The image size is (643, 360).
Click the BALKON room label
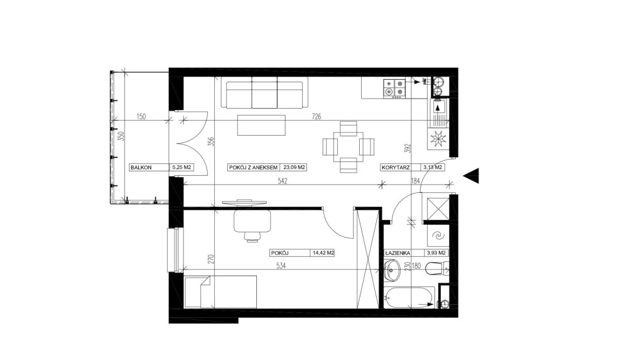[141, 168]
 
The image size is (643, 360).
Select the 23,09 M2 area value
[294, 168]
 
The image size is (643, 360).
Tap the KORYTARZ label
[396, 168]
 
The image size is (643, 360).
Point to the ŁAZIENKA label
[397, 253]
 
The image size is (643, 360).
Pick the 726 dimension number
[316, 117]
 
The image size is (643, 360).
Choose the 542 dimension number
[283, 181]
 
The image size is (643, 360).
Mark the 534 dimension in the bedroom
[281, 266]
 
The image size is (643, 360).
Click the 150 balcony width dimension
[141, 117]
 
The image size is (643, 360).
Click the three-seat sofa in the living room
[264, 94]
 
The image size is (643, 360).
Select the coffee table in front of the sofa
[261, 125]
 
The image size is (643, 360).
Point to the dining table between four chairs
[348, 146]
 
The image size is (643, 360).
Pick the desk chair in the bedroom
[252, 226]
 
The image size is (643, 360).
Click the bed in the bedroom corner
[220, 292]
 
